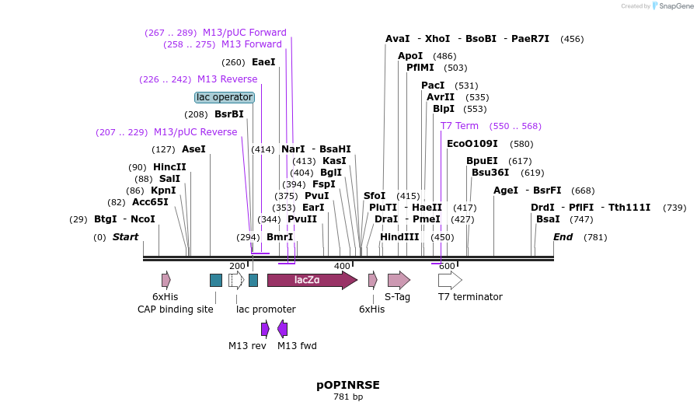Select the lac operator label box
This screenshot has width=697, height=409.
pos(225,97)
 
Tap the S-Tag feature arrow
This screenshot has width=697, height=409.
pos(399,280)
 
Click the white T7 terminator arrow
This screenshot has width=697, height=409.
pos(450,280)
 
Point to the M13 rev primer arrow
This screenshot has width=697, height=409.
pos(265,329)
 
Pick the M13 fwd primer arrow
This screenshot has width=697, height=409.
pos(283,329)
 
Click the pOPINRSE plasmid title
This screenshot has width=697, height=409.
pos(347,385)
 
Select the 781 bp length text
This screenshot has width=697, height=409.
pos(347,397)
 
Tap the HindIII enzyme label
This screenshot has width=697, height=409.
pos(399,237)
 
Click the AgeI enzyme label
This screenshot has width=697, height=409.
pos(506,191)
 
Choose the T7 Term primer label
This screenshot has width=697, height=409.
pos(459,126)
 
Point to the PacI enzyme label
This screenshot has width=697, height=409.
pos(433,86)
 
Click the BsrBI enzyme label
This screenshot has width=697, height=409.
pos(229,114)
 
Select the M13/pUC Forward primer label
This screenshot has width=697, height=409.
pos(245,33)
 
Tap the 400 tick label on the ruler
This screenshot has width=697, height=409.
pos(342,266)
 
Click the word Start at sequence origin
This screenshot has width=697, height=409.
pos(125,237)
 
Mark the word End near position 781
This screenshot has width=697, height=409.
pos(562,237)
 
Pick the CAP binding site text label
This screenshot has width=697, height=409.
pos(176,309)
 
